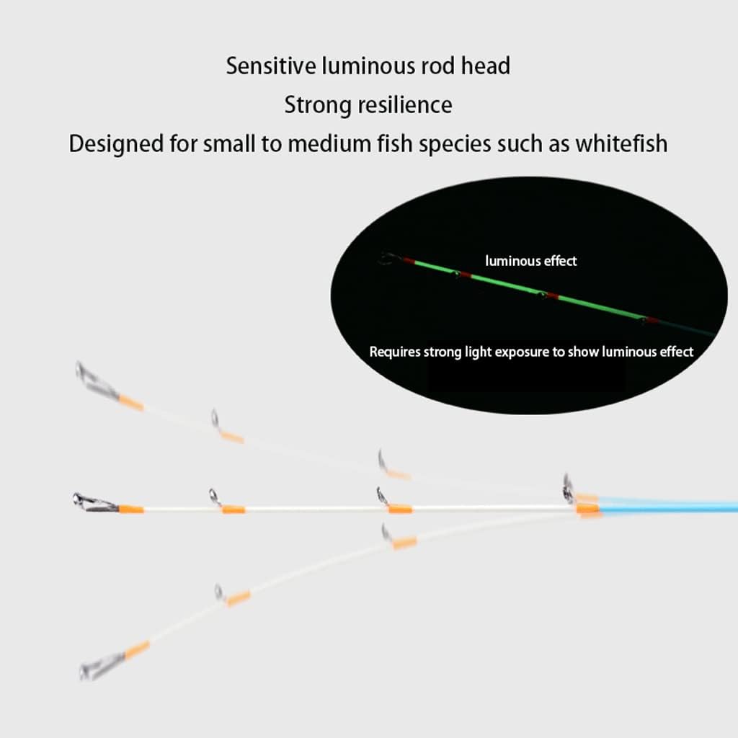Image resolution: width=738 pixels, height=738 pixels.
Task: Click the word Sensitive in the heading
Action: click(271, 66)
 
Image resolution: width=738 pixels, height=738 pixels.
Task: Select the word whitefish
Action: click(621, 143)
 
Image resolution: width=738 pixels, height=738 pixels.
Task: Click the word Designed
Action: click(116, 144)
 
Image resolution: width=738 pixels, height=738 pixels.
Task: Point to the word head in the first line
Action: click(485, 66)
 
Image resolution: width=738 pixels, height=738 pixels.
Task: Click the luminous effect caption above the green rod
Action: click(531, 261)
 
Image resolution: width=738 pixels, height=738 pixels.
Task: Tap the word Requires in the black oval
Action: click(394, 352)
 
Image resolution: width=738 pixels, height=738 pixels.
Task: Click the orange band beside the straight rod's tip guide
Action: click(131, 509)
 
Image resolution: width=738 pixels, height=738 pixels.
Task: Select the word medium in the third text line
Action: click(329, 143)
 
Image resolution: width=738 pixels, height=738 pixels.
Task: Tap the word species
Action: click(455, 144)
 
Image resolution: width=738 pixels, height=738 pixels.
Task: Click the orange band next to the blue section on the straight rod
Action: click(587, 509)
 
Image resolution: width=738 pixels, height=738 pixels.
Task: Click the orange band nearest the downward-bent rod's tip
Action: click(137, 650)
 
